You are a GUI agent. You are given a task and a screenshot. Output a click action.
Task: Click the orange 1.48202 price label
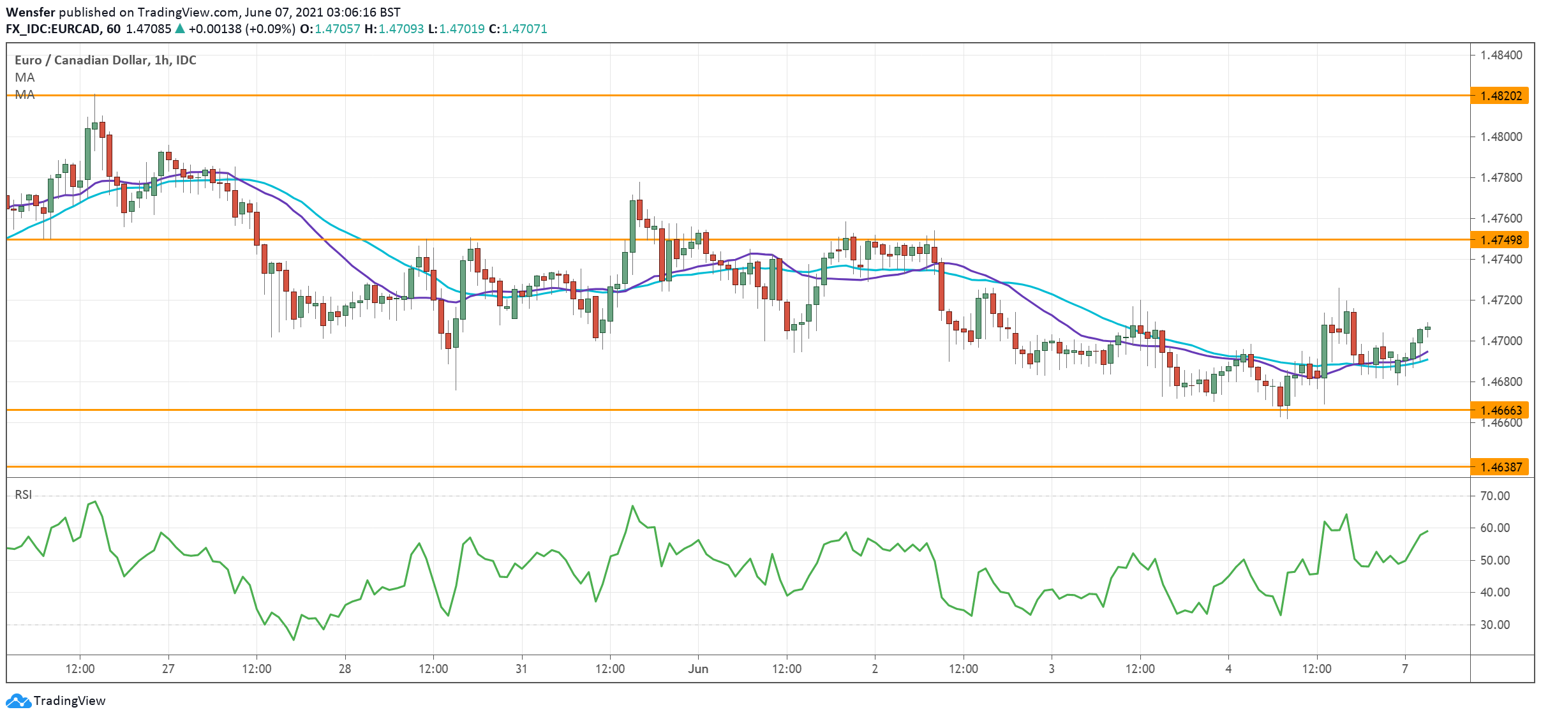(x=1500, y=96)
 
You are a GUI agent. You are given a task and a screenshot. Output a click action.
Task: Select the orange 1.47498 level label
(x=1500, y=240)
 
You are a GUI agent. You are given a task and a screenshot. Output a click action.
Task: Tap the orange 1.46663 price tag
(x=1500, y=410)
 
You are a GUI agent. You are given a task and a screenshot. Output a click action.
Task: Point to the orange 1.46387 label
(x=1500, y=467)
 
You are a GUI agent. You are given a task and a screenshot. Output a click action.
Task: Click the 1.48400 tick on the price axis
(x=1501, y=55)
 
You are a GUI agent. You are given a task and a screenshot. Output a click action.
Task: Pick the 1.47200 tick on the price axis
(x=1501, y=300)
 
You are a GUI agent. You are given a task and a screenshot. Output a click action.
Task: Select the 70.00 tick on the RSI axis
(x=1494, y=496)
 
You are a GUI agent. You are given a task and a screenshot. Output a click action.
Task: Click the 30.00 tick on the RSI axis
(x=1494, y=625)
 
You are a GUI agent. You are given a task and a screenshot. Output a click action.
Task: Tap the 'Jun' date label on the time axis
(x=698, y=669)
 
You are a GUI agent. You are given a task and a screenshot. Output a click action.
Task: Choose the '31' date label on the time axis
(x=521, y=669)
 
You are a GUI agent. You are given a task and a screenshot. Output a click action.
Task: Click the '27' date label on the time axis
(x=168, y=669)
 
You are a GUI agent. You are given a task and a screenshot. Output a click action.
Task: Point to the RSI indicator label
(x=23, y=494)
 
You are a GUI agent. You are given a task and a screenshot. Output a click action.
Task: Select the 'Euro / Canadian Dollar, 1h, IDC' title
(x=105, y=60)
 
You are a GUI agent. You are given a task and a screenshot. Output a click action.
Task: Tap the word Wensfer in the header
(x=30, y=12)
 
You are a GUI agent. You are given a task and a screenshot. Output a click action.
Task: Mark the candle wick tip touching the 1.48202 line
(x=95, y=94)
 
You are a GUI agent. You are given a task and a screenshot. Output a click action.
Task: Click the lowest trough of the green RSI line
(x=294, y=640)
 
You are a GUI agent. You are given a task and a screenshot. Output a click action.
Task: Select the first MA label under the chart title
(x=24, y=77)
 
